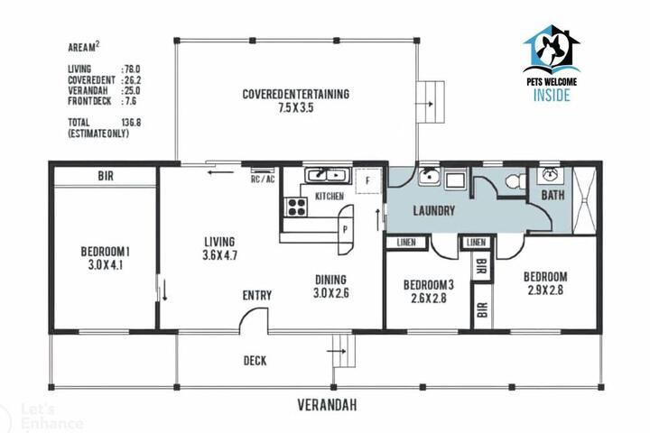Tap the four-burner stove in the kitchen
(x=297, y=207)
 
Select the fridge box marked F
(x=367, y=181)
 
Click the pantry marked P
(x=345, y=229)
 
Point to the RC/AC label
(x=263, y=179)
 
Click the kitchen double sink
(x=328, y=175)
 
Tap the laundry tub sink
(x=429, y=178)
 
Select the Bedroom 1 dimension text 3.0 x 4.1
(x=106, y=265)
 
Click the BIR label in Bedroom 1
(x=106, y=176)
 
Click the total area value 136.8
(x=131, y=123)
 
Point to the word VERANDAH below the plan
(x=327, y=405)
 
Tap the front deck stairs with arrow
(x=344, y=351)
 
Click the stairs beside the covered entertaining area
(x=431, y=102)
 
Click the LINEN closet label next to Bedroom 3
(x=406, y=243)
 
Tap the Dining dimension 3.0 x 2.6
(x=330, y=293)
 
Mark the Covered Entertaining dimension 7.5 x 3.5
(x=295, y=107)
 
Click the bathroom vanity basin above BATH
(x=550, y=174)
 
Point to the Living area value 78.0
(x=132, y=69)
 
